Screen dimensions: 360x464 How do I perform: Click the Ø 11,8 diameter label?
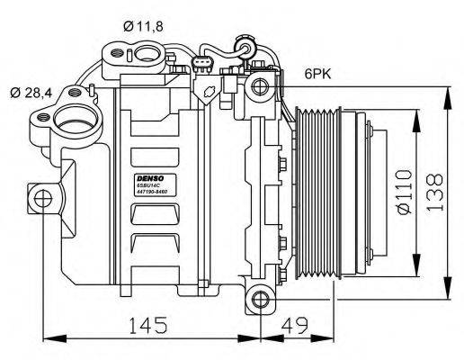pos(142,26)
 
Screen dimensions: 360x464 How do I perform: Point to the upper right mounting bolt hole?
pos(260,86)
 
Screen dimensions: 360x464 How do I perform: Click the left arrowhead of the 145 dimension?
pos(47,339)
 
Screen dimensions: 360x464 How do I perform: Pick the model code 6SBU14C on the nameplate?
pos(147,188)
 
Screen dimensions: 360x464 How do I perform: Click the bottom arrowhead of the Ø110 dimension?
pos(415,273)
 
